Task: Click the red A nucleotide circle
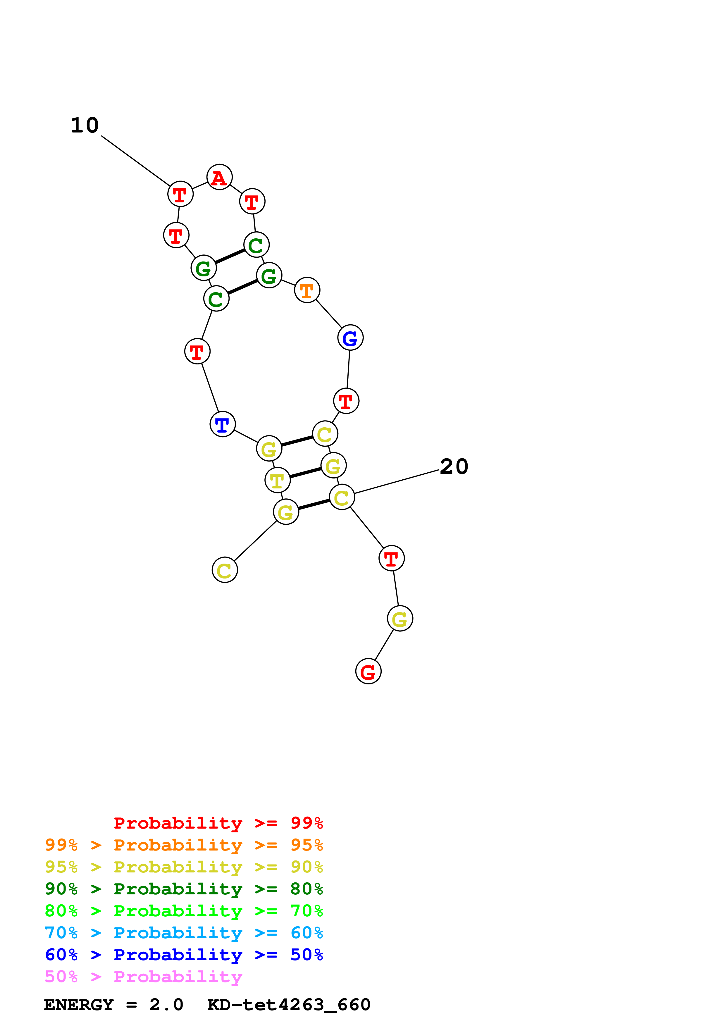click(219, 177)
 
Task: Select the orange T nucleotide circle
click(307, 290)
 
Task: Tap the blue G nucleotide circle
click(350, 338)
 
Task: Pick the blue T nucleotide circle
click(223, 424)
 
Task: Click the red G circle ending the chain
click(368, 671)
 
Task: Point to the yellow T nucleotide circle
click(278, 480)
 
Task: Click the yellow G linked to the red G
click(400, 619)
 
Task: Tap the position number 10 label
click(85, 125)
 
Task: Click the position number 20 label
click(454, 466)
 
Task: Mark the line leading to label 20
click(397, 482)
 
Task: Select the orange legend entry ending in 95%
click(184, 845)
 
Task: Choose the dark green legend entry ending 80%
click(184, 889)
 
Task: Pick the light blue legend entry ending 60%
click(184, 933)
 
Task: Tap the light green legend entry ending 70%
click(184, 911)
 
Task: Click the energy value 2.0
click(166, 1005)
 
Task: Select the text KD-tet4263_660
click(289, 1005)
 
